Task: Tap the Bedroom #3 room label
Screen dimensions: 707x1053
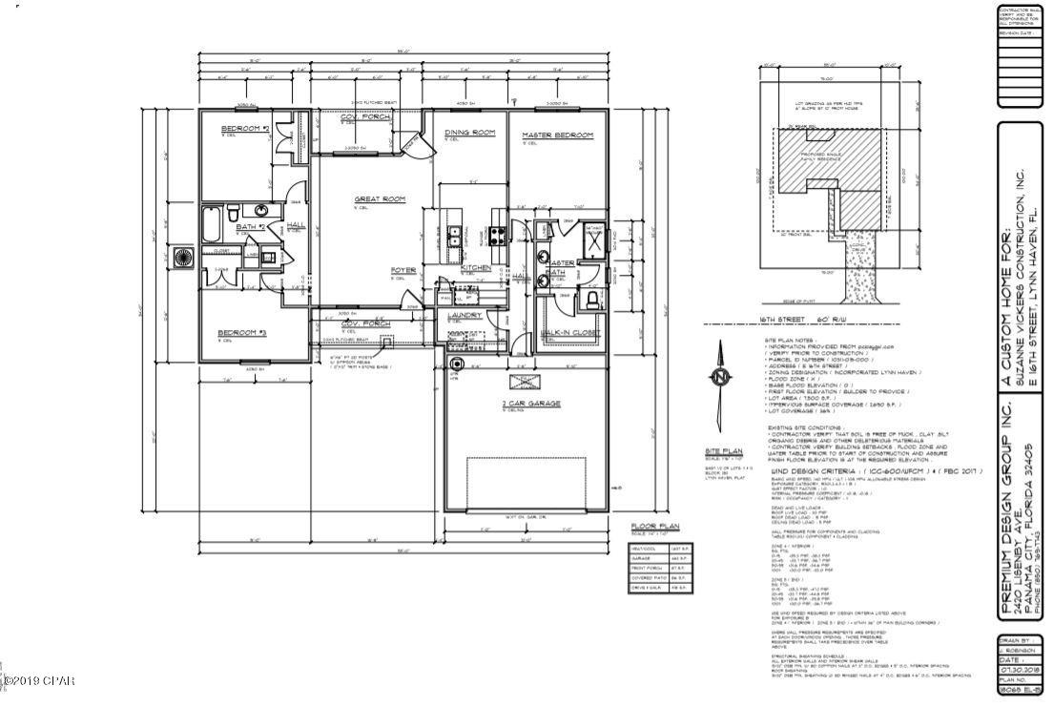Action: (x=241, y=333)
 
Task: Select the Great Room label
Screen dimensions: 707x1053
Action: (x=381, y=199)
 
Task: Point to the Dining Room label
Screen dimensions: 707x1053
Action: (x=470, y=133)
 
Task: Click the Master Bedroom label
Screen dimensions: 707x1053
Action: (x=557, y=135)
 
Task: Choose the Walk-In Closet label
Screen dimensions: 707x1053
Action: (x=569, y=334)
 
